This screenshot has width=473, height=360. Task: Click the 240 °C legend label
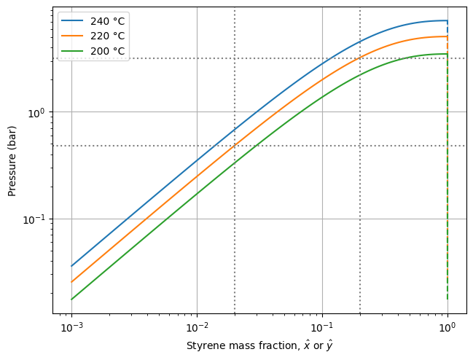(107, 20)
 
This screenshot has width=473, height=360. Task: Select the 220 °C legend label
(107, 36)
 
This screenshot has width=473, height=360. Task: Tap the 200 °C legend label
(107, 51)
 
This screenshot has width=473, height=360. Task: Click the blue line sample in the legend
(73, 20)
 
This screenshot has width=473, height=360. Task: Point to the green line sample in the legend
(73, 51)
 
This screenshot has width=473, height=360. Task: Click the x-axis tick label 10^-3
(71, 325)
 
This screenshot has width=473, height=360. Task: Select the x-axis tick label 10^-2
(197, 325)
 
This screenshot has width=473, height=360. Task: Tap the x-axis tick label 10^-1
(322, 325)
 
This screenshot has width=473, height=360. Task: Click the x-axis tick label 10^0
(447, 325)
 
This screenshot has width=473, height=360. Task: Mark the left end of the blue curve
(71, 266)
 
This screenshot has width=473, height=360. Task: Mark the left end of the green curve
(71, 300)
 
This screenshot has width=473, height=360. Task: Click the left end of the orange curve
(71, 282)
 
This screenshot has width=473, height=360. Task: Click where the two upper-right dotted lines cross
(360, 58)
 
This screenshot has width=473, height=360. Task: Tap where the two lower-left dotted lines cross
(235, 146)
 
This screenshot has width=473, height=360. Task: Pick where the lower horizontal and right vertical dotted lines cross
(360, 146)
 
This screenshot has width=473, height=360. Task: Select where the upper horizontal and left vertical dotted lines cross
(235, 58)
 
